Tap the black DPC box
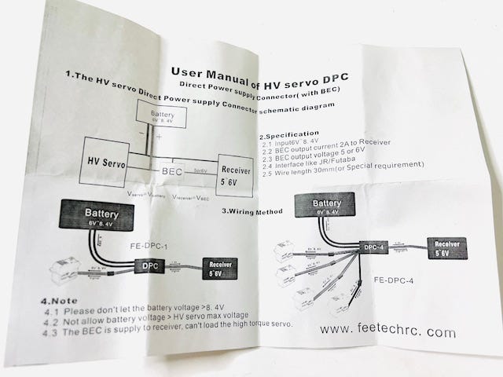[149, 267]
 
